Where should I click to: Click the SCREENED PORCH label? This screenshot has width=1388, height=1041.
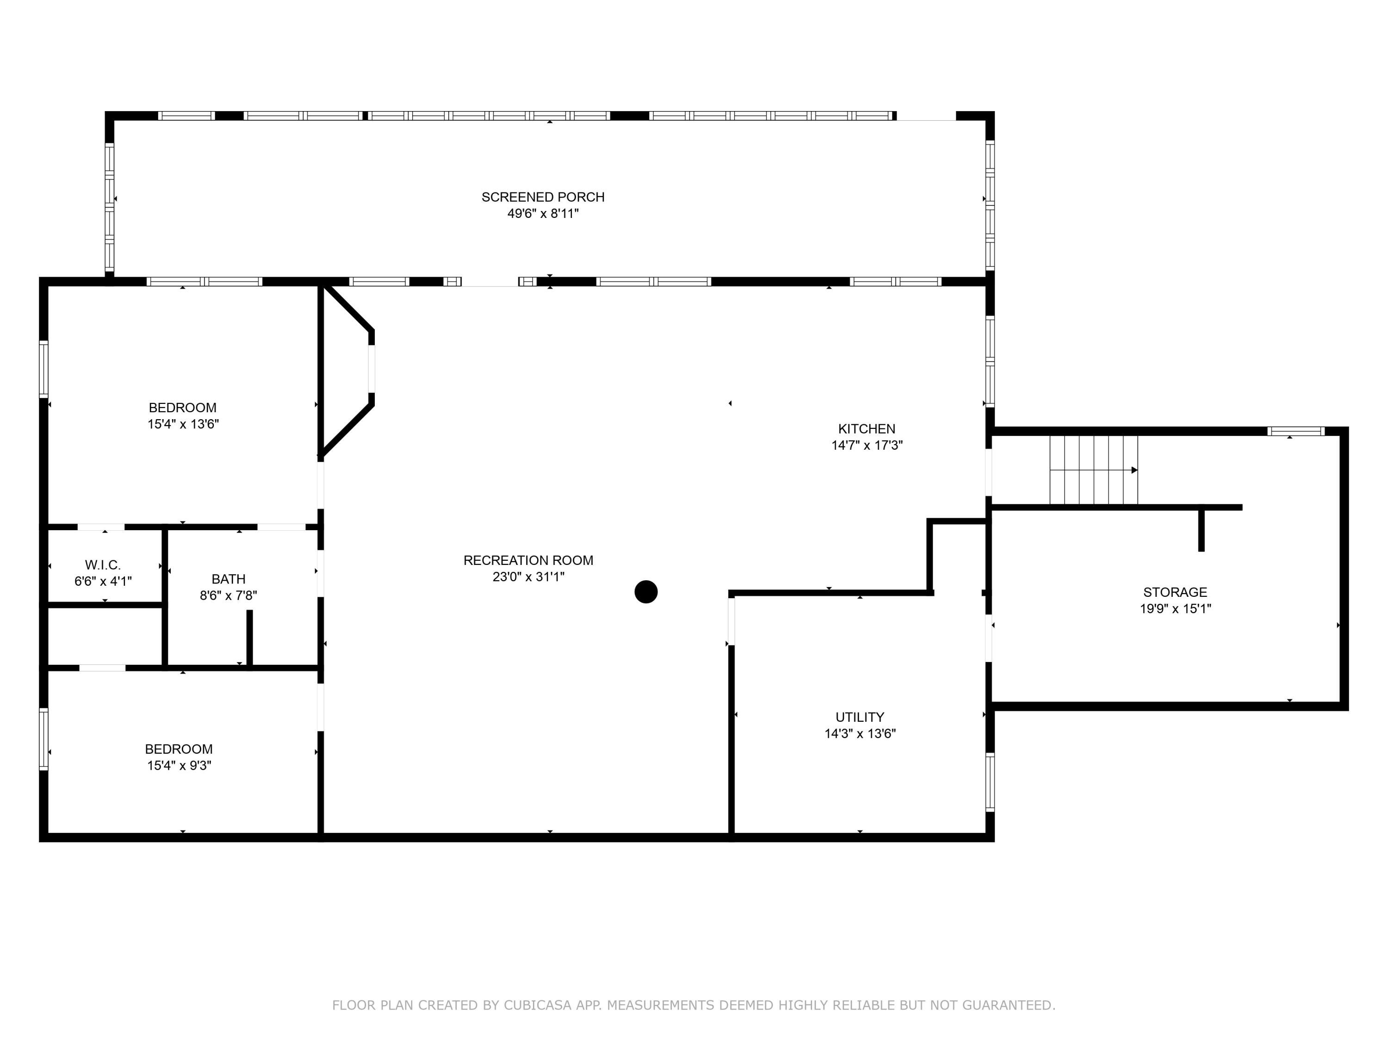tap(543, 197)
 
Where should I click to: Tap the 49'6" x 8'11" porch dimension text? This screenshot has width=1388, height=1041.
tap(543, 213)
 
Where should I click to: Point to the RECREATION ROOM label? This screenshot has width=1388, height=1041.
tap(528, 560)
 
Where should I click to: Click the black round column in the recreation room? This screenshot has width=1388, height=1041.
tap(646, 592)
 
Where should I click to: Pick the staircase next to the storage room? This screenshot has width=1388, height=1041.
tap(1094, 470)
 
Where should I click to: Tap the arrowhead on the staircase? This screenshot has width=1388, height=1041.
tap(1134, 470)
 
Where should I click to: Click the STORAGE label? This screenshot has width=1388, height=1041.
tap(1175, 592)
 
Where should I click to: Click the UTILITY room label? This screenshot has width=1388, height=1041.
tap(860, 717)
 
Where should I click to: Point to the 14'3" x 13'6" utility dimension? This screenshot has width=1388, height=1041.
tap(860, 733)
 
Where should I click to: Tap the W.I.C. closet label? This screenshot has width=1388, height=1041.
tap(103, 565)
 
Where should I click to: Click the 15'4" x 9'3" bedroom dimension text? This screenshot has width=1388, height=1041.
tap(179, 766)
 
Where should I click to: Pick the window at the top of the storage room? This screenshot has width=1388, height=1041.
tap(1295, 431)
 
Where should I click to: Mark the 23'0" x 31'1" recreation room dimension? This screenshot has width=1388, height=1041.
tap(528, 576)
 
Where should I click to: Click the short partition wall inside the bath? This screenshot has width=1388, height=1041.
tap(249, 638)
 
